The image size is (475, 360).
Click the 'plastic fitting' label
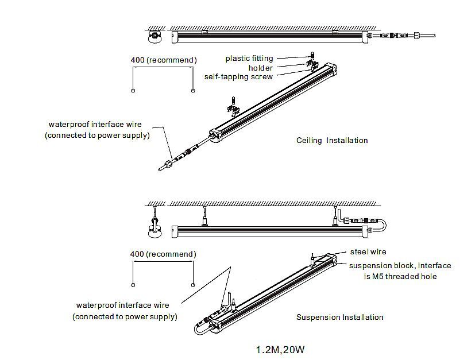coord(249,58)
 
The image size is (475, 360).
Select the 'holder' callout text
coord(261,68)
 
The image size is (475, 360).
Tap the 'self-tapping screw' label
coord(238,77)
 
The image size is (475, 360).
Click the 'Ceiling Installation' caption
coord(332,141)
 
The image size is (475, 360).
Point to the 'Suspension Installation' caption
coord(339,317)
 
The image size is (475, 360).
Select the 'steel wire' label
coord(368,251)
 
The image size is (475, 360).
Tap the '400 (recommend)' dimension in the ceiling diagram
coord(163,60)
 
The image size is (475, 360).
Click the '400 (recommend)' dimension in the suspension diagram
coord(163,254)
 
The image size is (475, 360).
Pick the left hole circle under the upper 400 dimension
coord(133,91)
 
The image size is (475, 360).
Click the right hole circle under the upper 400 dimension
coord(193,91)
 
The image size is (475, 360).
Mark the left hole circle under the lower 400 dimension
coord(133,285)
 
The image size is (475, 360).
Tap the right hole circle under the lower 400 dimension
coord(193,285)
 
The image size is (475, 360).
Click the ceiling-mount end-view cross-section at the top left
coord(154,36)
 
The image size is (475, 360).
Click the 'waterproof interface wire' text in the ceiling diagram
coord(95,125)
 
